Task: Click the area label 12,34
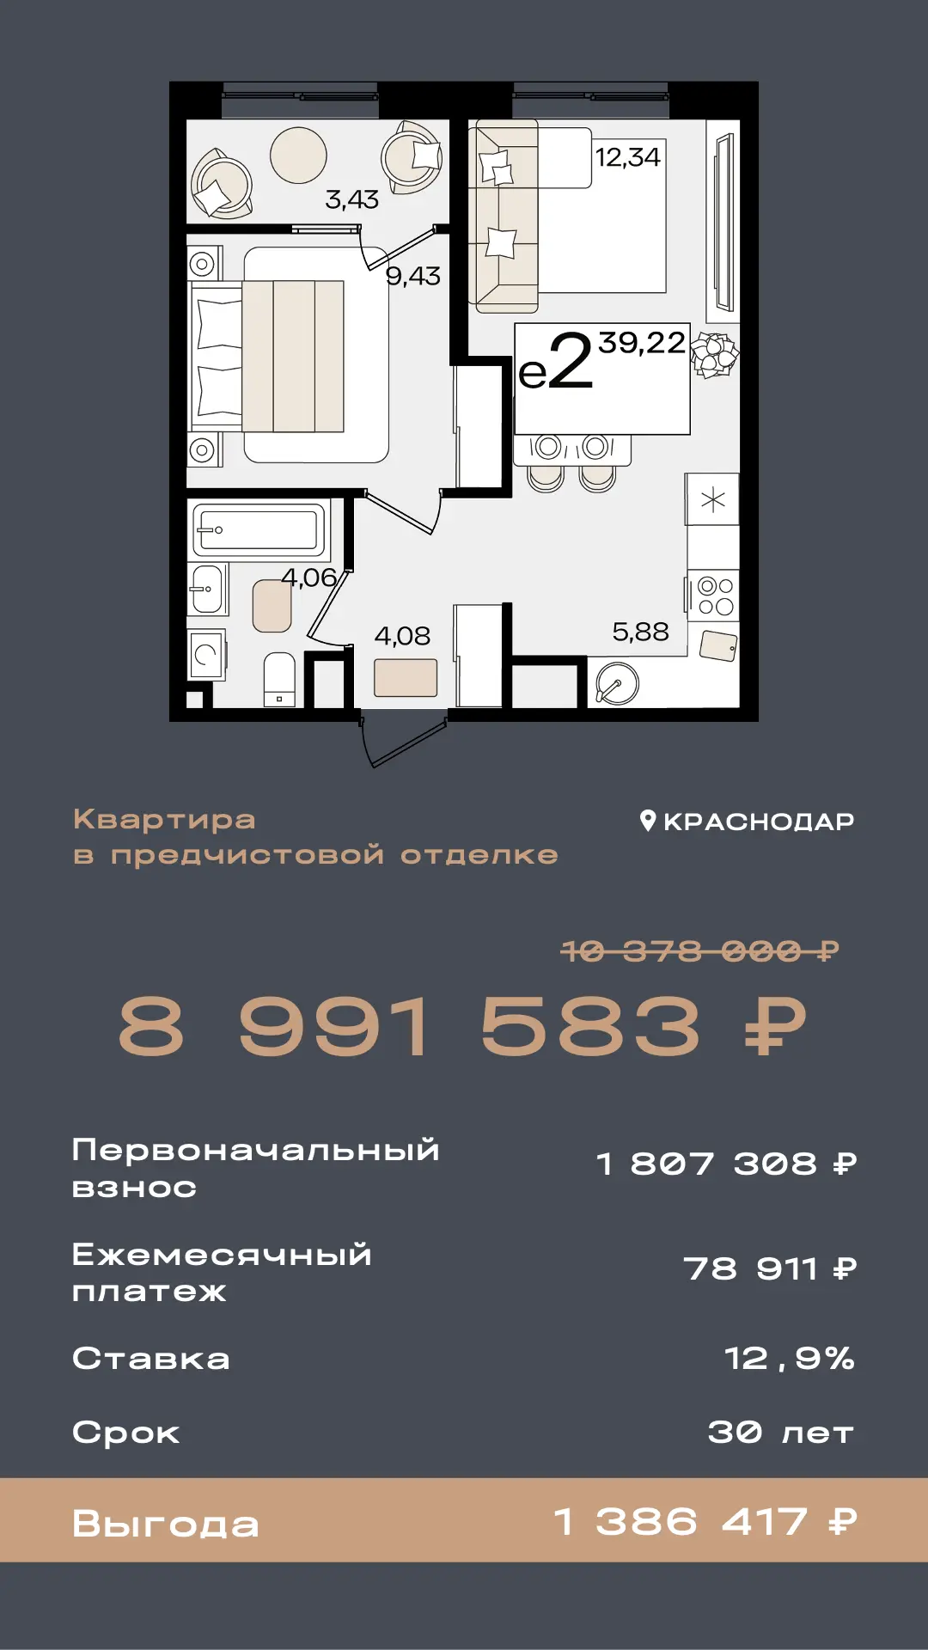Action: (x=627, y=157)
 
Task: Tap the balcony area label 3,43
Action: (x=351, y=199)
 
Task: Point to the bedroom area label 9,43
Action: (x=412, y=276)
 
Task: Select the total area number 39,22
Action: (x=642, y=343)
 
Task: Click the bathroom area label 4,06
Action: (x=308, y=577)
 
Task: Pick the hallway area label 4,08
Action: (x=402, y=636)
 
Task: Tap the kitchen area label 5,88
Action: (x=640, y=632)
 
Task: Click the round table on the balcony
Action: (x=298, y=156)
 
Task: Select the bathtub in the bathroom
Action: (x=258, y=529)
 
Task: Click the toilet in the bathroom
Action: (x=279, y=679)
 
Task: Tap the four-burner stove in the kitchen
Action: (x=714, y=596)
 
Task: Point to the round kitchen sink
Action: (x=617, y=685)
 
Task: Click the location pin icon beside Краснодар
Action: (x=649, y=821)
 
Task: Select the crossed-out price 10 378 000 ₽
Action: (x=699, y=951)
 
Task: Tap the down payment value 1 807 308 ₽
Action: (x=727, y=1164)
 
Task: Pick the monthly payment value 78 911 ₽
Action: (x=770, y=1268)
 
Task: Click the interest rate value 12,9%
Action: (x=790, y=1359)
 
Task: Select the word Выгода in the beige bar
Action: (x=166, y=1524)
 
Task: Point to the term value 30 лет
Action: (x=781, y=1433)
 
